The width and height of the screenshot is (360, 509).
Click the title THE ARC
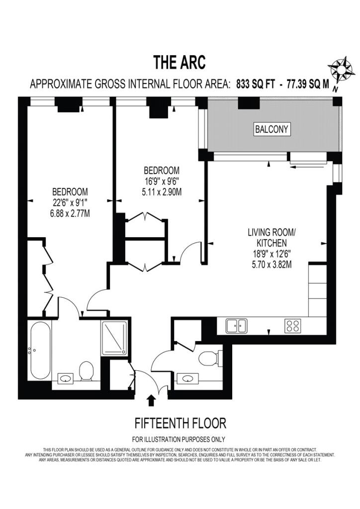point(179,63)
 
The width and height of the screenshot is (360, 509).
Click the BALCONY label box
point(271,130)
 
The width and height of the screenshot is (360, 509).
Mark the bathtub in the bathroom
point(40,350)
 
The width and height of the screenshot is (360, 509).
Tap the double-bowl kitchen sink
point(237,326)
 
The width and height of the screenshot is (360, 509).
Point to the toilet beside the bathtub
point(87,371)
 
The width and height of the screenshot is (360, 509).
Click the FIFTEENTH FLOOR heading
point(180,423)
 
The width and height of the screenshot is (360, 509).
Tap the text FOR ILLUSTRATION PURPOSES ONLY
point(178,439)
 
